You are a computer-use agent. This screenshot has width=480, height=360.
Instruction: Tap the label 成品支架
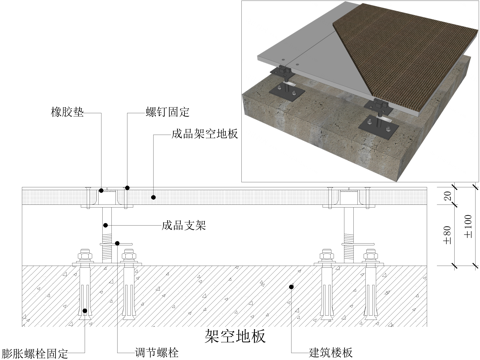[183, 227]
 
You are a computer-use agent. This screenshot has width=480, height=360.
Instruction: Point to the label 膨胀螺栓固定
[36, 351]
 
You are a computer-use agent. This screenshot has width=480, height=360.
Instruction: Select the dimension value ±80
[445, 236]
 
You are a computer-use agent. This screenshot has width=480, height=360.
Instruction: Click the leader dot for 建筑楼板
[290, 289]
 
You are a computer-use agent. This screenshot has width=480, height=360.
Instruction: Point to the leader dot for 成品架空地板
[153, 189]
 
